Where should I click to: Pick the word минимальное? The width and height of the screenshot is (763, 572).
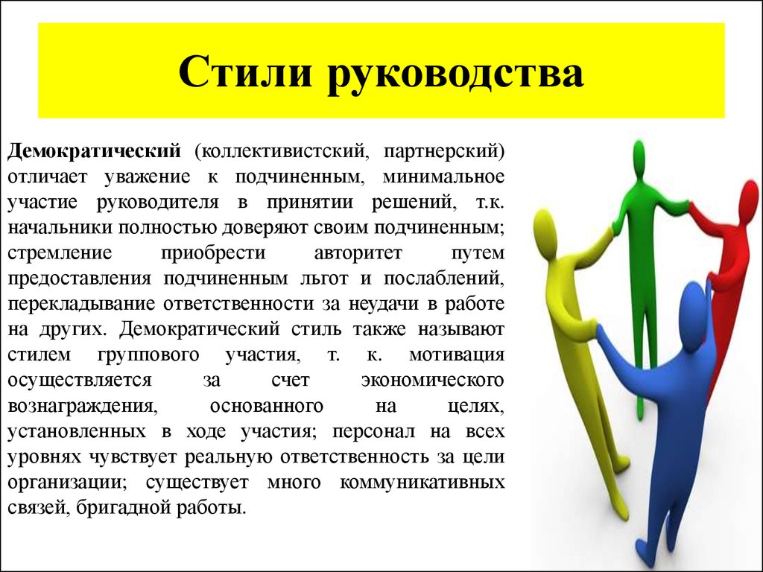tap(443, 177)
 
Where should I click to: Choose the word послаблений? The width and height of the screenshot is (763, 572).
tap(445, 278)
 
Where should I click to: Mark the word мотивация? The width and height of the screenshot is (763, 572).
tap(457, 354)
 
